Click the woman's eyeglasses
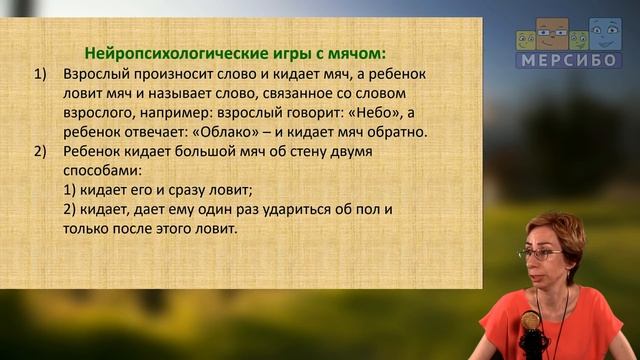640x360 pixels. (542, 254)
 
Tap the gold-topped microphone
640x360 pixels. (531, 323)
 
